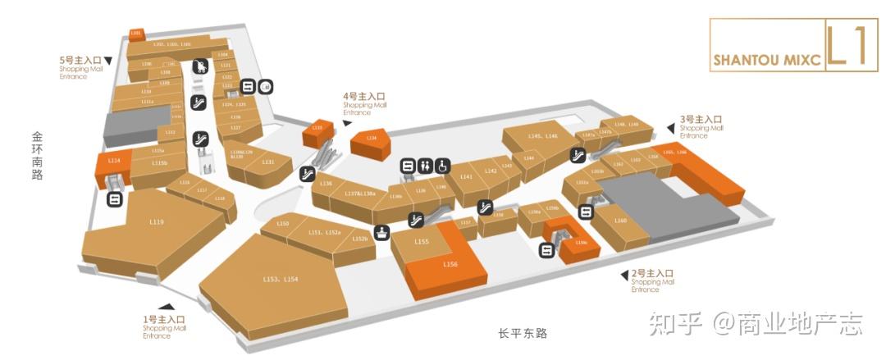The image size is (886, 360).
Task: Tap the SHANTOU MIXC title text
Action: coord(766,60)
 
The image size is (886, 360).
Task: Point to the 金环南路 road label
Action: coord(37,155)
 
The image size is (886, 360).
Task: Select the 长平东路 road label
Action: coord(522,333)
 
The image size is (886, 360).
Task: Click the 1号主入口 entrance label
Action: coord(164,319)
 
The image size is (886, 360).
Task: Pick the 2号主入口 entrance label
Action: coord(652,273)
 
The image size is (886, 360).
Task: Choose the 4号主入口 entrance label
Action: coord(364,97)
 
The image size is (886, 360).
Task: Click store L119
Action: coord(157,222)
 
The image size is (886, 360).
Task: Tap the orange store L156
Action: coord(450,264)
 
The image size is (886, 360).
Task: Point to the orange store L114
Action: coord(114,162)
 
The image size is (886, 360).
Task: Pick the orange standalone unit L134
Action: coord(372,139)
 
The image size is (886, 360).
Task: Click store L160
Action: coord(621,221)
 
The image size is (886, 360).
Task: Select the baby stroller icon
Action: coord(199,66)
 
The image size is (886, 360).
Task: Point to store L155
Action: coord(422,242)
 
